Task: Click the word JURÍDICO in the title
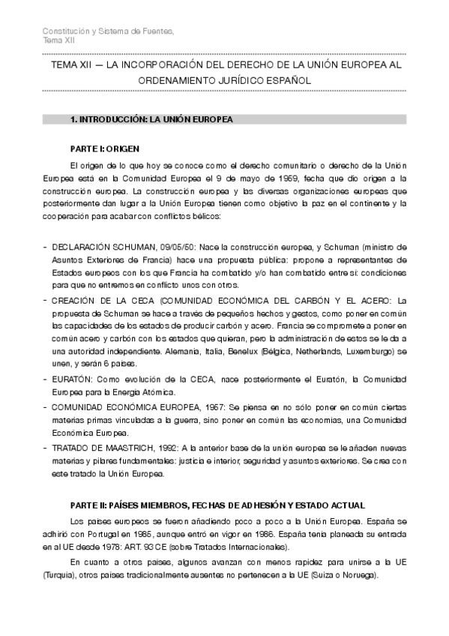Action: (258, 79)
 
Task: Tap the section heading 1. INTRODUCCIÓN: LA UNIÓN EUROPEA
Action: (151, 119)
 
